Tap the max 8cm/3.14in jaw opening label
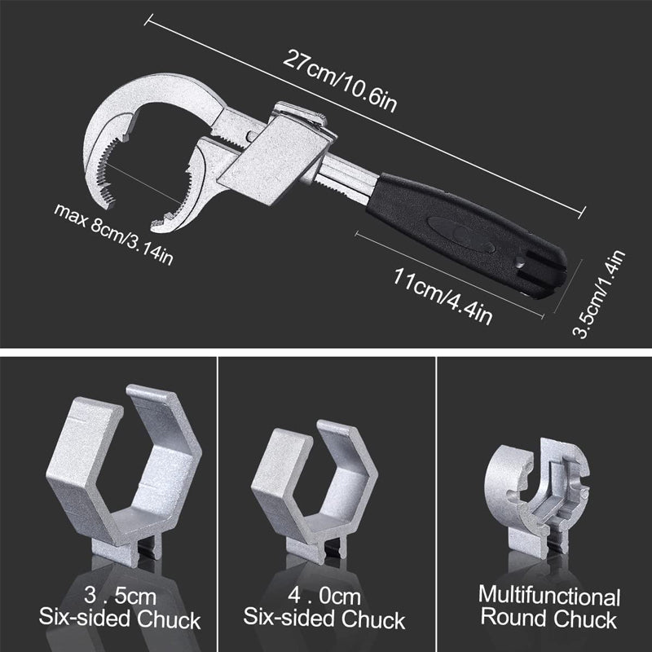113,231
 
